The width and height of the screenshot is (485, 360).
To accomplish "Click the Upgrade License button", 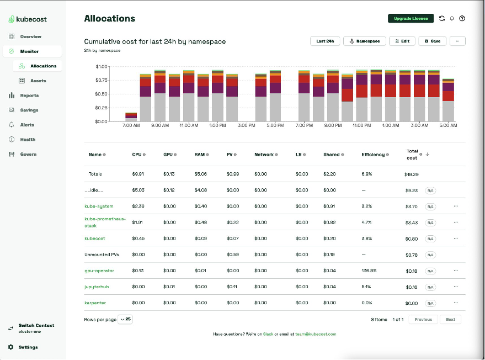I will coord(411,18).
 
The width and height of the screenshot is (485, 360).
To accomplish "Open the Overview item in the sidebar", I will coord(30,36).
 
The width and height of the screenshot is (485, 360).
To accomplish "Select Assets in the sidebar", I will coord(38,81).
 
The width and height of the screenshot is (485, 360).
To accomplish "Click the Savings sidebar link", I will coord(29,110).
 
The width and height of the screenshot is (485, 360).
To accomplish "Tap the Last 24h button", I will coord(324,41).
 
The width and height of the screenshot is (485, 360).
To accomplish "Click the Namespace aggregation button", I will coord(364,41).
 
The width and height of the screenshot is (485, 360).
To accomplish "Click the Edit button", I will coord(402,41).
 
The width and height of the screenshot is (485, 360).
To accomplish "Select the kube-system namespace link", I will coord(99,206).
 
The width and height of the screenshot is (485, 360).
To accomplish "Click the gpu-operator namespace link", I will coord(99,271).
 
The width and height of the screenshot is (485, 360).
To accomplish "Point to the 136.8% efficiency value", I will coord(369,271).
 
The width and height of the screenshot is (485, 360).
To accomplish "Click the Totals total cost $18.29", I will coord(412,174).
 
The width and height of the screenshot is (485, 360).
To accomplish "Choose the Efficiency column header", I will coord(373,155).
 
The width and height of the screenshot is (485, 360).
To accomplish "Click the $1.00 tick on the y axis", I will coord(102,66).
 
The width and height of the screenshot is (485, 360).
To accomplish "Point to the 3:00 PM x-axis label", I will coord(246,125).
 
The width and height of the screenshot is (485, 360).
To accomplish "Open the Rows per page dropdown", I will coord(125,319).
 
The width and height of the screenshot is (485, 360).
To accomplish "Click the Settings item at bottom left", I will coord(28,347).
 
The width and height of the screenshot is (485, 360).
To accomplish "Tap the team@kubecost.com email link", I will coord(315,334).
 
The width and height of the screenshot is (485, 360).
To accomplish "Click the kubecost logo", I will coord(28,19).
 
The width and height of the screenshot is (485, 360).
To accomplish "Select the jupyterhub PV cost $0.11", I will coord(232,287).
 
